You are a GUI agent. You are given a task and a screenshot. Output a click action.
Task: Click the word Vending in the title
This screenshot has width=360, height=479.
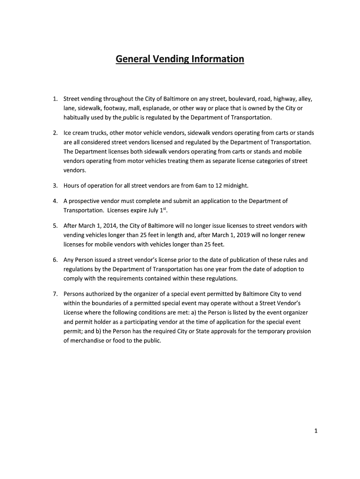166,59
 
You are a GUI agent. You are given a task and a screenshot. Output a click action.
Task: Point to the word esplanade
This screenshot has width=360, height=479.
169,108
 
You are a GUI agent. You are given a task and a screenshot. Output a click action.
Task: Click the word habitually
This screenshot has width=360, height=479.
78,117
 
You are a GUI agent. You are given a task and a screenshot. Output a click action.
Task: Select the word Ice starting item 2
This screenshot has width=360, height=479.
68,132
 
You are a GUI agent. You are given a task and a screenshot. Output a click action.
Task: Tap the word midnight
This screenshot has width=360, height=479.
236,186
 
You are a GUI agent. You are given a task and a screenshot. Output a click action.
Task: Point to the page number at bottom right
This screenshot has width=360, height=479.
316,432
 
